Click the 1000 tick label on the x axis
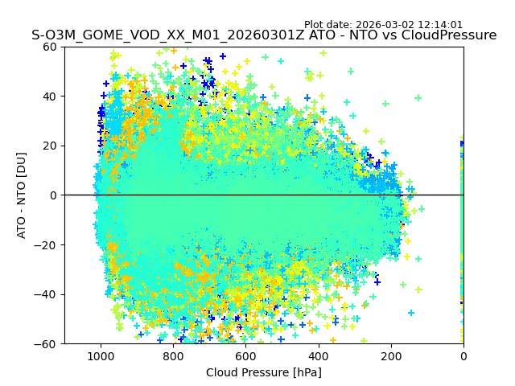[x=101, y=355]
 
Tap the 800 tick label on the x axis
[x=173, y=355]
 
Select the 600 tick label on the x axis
[x=245, y=355]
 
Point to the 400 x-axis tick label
[x=319, y=355]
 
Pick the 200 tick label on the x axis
[x=391, y=355]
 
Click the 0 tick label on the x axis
[x=463, y=355]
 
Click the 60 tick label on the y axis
[x=48, y=47]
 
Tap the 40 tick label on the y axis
[x=48, y=96]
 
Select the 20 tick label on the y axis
[x=48, y=146]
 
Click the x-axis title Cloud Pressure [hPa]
[x=264, y=372]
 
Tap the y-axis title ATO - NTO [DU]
[x=22, y=195]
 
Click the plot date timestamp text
[x=383, y=25]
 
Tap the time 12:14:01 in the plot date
[x=439, y=25]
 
